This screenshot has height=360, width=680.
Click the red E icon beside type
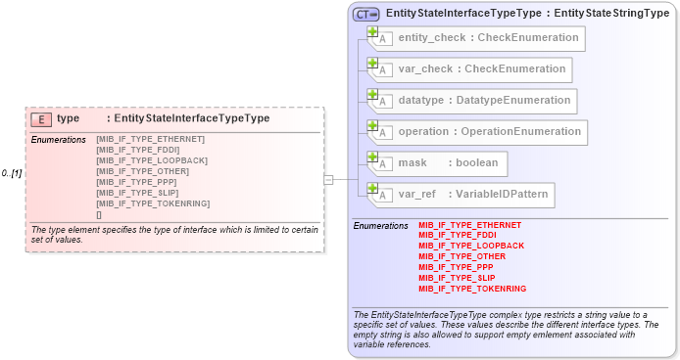(41, 118)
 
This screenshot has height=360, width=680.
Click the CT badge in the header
(365, 14)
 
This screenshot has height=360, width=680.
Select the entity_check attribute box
(476, 38)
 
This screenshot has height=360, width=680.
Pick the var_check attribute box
(469, 69)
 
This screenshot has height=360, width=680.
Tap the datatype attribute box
(471, 101)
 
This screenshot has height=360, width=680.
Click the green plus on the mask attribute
(372, 157)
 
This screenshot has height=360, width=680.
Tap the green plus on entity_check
(372, 31)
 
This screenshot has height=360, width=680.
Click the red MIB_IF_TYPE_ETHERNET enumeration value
(469, 225)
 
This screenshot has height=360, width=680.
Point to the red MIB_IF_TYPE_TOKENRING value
(472, 289)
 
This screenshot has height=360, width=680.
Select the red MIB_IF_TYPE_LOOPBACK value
(471, 246)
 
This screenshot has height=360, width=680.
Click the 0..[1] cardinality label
(12, 173)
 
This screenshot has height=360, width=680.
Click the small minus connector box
(328, 179)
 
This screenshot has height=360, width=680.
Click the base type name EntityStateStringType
(607, 13)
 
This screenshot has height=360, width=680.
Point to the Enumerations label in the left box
(59, 140)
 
